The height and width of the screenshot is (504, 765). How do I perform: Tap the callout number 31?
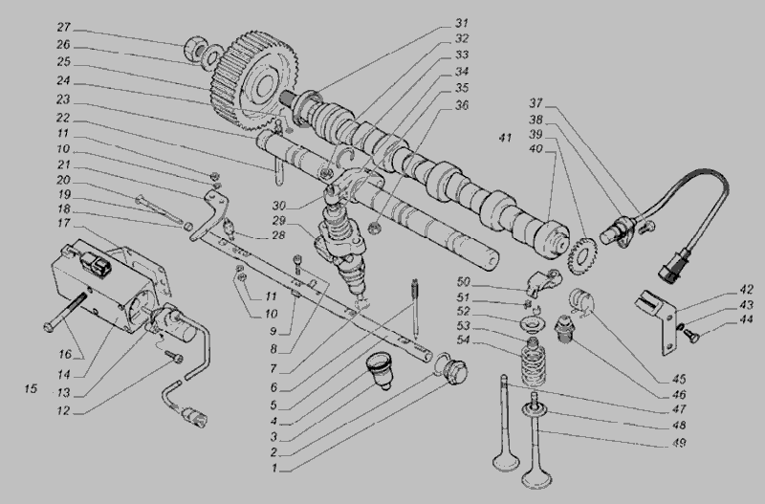[462, 23]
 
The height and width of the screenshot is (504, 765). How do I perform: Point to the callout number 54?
[462, 342]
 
